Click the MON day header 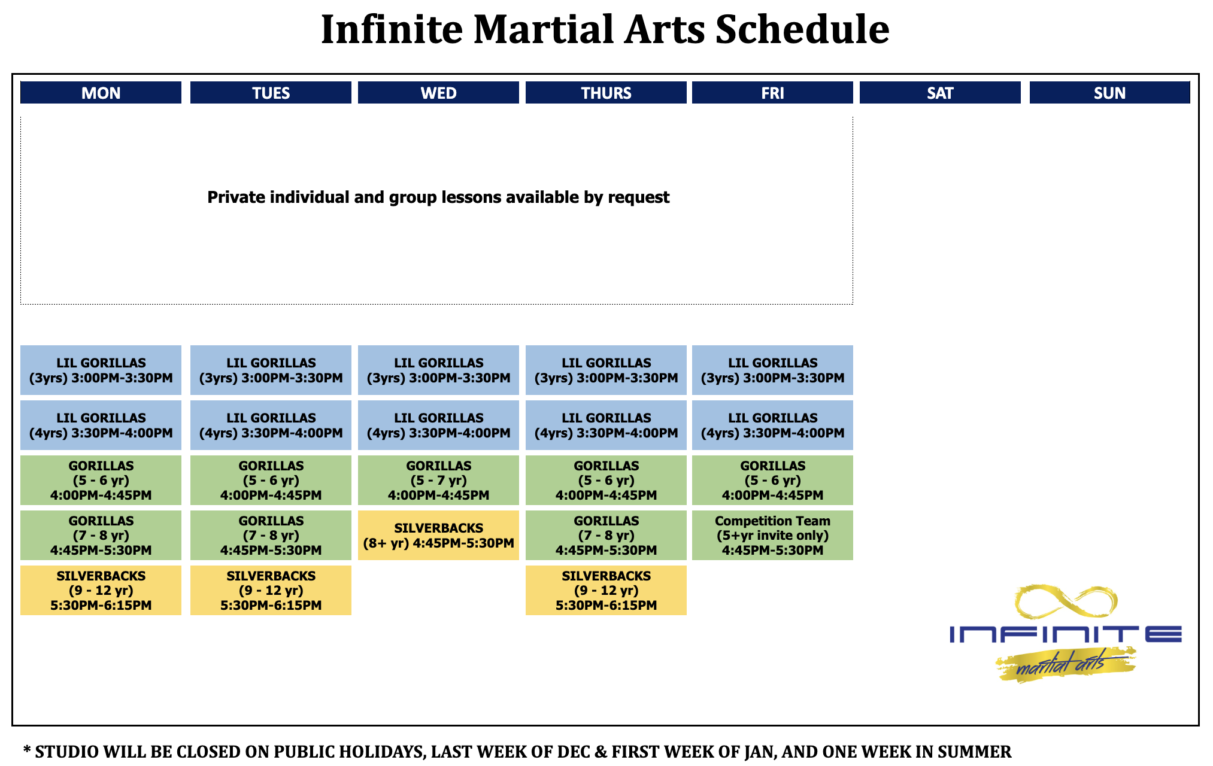coord(101,93)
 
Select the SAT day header coord(940,93)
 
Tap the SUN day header coord(1109,93)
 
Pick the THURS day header coord(606,93)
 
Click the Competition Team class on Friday coord(772,535)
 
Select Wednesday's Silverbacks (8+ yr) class coord(438,535)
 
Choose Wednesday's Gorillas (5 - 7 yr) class coord(438,480)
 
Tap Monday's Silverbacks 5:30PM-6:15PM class coord(101,590)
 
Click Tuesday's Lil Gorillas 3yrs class coord(271,370)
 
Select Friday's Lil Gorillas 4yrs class coord(772,425)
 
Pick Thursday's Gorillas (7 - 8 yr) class coord(606,535)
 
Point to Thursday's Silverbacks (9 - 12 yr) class coord(606,590)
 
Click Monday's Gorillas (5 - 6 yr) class coord(101,480)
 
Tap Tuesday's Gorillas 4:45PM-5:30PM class coord(271,535)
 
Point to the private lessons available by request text coord(438,197)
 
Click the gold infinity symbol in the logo coord(1066,602)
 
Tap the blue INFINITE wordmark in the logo coord(1066,634)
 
